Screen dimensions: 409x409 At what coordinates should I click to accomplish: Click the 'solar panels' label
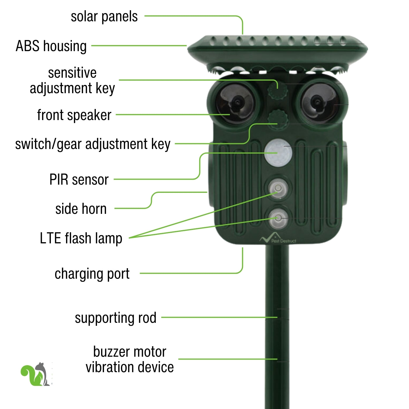click(104, 17)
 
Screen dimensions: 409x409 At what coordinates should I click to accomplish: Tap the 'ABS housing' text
click(51, 46)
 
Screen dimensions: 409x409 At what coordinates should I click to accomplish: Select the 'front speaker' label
click(74, 115)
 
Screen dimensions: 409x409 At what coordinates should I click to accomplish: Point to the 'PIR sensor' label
click(79, 179)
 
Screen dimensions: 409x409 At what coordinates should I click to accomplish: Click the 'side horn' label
click(81, 209)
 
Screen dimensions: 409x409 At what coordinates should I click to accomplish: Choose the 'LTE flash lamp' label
click(81, 238)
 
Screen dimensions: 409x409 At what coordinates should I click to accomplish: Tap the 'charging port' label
click(92, 274)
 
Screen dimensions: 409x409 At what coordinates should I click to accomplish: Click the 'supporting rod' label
click(115, 318)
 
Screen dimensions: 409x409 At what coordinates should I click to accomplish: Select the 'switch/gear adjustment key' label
click(93, 144)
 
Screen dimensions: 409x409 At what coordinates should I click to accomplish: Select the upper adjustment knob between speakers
click(278, 91)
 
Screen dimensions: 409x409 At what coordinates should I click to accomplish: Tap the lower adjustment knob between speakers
click(278, 118)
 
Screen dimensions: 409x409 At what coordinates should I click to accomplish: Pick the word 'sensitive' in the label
click(72, 73)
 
